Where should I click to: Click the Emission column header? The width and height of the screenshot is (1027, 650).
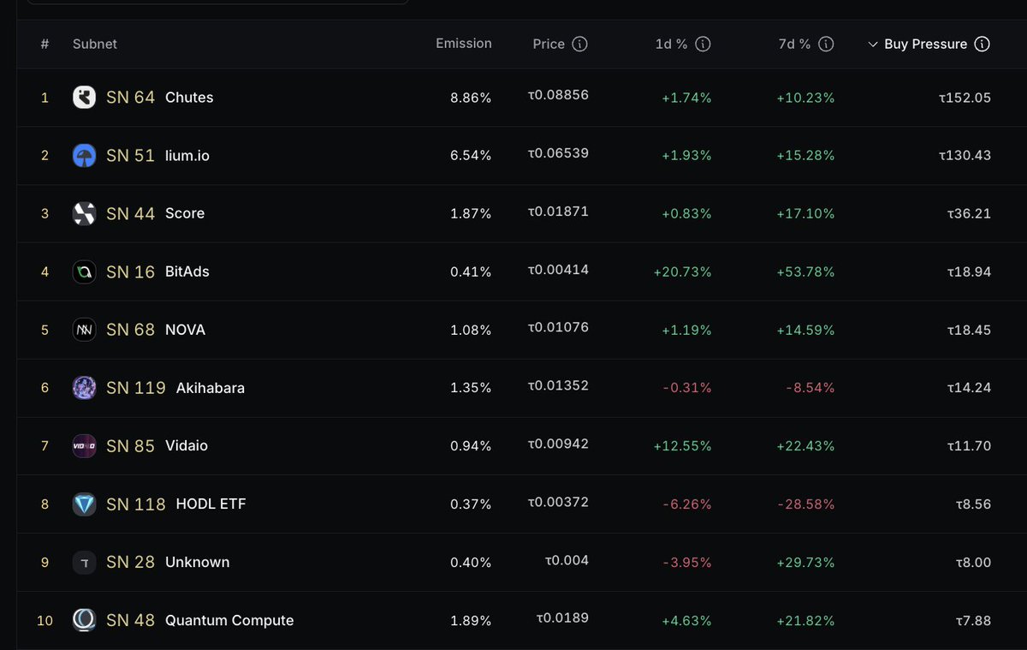point(463,44)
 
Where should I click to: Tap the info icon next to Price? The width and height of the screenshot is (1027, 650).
point(579,44)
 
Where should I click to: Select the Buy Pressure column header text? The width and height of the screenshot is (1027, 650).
point(925,44)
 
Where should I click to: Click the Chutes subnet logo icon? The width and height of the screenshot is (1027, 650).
point(84,98)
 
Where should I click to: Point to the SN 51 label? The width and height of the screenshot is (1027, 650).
point(130,156)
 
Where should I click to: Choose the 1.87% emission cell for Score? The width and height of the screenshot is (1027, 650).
point(471,213)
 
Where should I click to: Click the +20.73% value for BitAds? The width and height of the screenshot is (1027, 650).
point(682,271)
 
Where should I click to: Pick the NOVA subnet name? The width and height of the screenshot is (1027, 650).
point(185,330)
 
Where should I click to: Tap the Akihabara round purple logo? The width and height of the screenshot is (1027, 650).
point(84,388)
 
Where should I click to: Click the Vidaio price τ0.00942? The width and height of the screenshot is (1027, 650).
point(558,444)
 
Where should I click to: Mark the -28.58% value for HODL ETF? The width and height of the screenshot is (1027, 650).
point(805,504)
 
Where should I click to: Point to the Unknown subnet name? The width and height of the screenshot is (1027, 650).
point(197,563)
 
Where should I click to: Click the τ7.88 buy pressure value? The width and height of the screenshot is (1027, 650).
point(969,620)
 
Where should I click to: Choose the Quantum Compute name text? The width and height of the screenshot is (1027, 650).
point(229,621)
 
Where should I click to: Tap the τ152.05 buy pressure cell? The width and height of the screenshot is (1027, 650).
point(964,98)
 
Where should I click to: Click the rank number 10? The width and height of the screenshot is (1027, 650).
point(45,621)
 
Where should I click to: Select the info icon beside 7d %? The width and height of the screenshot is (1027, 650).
point(826,44)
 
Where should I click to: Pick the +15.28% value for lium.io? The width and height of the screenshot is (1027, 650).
point(805,156)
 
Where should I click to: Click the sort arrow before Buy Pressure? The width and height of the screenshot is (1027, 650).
point(873,45)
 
